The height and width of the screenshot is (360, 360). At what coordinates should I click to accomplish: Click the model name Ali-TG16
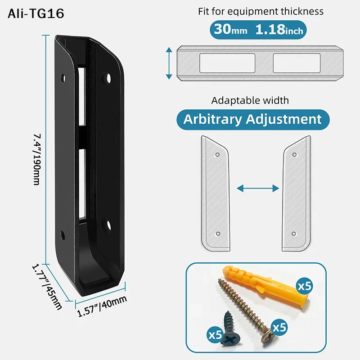click(36, 14)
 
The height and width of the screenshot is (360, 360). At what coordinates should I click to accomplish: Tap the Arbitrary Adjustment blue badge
click(252, 119)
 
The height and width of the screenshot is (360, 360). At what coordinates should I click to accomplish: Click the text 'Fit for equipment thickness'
click(261, 11)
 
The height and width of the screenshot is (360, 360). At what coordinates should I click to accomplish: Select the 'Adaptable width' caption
click(250, 100)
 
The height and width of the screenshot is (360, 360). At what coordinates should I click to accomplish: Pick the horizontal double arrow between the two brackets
click(257, 188)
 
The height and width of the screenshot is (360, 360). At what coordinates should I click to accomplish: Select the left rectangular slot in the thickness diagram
click(227, 63)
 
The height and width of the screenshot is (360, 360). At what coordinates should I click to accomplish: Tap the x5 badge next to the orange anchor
click(304, 286)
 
